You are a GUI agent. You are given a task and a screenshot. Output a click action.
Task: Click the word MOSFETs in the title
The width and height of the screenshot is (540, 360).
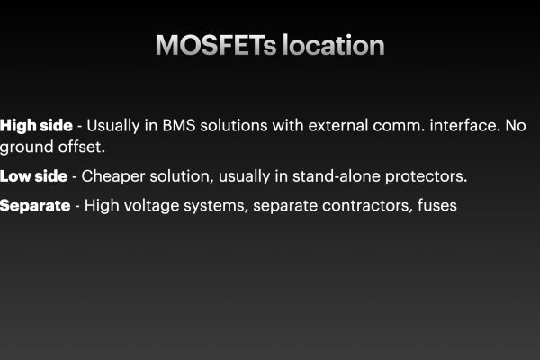pos(216,45)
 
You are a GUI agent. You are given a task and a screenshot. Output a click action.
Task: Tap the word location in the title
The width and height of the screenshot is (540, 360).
pos(334,45)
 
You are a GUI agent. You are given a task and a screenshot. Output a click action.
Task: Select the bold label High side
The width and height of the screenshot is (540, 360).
pos(37,126)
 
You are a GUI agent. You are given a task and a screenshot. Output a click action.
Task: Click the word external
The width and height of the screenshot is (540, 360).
pos(338,126)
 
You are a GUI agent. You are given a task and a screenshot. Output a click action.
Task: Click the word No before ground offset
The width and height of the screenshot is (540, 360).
pos(516,126)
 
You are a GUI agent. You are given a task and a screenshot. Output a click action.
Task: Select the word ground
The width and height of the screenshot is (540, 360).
pos(26,148)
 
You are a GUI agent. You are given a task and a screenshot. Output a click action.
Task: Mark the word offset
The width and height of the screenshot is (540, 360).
pos(82,147)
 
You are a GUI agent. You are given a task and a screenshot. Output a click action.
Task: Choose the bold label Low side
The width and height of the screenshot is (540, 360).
pos(34,176)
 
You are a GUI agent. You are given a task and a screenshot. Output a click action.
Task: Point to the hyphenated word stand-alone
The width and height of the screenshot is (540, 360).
pos(336,176)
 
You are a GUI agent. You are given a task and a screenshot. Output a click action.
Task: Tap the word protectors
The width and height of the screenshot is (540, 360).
pos(426,177)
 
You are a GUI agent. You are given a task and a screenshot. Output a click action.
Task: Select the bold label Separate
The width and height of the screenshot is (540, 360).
pos(35,206)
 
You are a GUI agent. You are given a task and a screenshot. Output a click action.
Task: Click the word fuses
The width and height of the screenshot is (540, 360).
pos(437,206)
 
